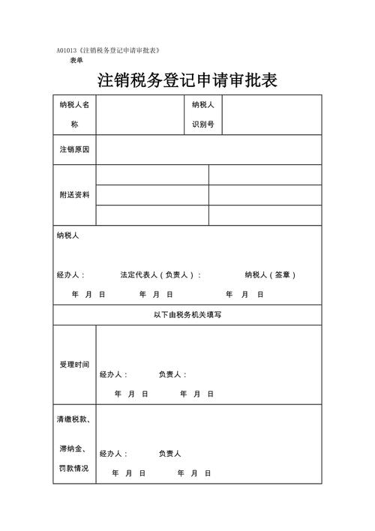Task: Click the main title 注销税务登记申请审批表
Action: pos(187,79)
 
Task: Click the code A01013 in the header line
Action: pos(67,49)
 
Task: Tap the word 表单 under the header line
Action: pos(76,60)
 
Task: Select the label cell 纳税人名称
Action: pos(74,114)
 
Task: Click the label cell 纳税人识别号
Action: pos(203,114)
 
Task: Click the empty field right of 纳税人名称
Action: pos(139,114)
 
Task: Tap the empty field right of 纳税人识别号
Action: pos(272,114)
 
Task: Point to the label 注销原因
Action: pos(74,150)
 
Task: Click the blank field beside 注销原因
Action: pos(208,150)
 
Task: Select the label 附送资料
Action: pos(74,195)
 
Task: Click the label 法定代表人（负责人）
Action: pos(159,275)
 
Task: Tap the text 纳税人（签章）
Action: pos(270,275)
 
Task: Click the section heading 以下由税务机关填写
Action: pos(187,315)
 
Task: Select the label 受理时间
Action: pos(74,364)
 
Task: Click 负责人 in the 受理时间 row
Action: pos(172,374)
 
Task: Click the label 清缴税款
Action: pos(73,420)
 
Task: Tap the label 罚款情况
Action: pos(73,469)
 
